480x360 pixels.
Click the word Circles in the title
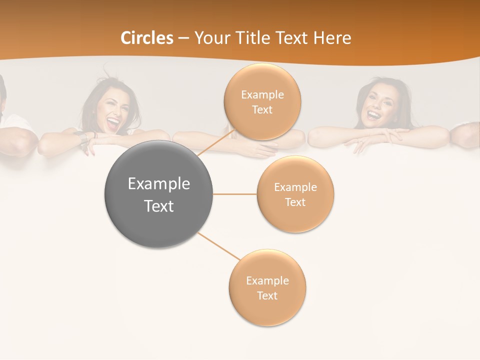[147, 38]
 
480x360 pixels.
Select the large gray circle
[158, 194]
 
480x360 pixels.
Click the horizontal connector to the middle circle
[234, 194]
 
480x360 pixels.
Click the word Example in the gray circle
[158, 184]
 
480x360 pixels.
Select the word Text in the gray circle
[158, 206]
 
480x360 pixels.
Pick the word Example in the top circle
[262, 95]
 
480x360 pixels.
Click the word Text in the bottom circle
[267, 295]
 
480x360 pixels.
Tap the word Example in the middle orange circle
[295, 187]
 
